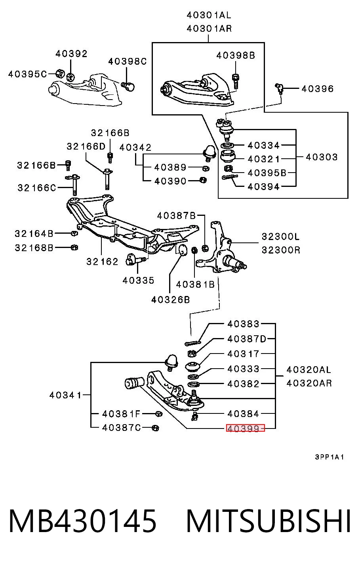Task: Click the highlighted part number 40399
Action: [243, 428]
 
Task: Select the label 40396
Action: [318, 89]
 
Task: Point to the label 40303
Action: [322, 157]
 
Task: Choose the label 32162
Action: [102, 262]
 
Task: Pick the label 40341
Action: [65, 395]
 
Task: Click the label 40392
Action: [71, 54]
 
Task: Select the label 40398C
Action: [128, 61]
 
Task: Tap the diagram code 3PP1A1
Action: [329, 457]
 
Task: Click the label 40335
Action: [138, 281]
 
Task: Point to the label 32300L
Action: [281, 236]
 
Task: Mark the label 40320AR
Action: [309, 383]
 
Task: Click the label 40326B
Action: [170, 300]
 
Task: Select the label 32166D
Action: [86, 146]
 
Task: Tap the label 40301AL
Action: [209, 15]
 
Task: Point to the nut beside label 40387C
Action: [156, 428]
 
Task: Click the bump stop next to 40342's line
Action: [210, 153]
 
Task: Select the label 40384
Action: [243, 414]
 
